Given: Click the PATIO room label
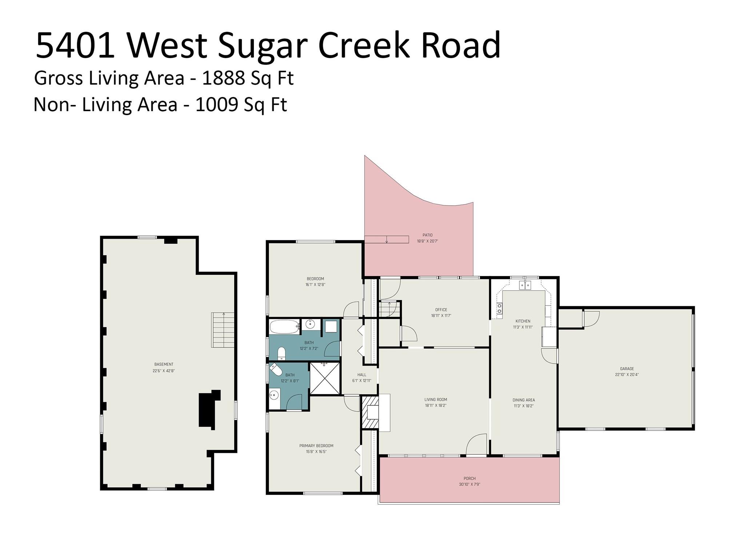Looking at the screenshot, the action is pyautogui.click(x=427, y=235).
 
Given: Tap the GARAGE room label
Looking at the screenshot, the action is pyautogui.click(x=627, y=369).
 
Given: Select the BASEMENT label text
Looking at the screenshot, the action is pyautogui.click(x=164, y=364).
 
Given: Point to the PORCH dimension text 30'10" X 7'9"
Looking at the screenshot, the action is pyautogui.click(x=470, y=484).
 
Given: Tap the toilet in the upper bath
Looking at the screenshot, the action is pyautogui.click(x=282, y=353).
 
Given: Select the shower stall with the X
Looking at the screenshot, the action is pyautogui.click(x=324, y=378).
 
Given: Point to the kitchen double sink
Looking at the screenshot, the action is pyautogui.click(x=525, y=285).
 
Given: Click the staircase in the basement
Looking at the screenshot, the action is pyautogui.click(x=223, y=330).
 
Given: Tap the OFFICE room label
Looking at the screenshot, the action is pyautogui.click(x=441, y=310).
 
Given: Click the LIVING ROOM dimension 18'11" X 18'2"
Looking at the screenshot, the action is pyautogui.click(x=436, y=405).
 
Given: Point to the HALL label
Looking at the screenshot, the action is pyautogui.click(x=362, y=375).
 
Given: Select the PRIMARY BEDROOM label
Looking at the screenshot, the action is pyautogui.click(x=316, y=446).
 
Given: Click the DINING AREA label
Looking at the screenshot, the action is pyautogui.click(x=523, y=400).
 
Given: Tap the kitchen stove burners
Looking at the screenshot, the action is pyautogui.click(x=499, y=308).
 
